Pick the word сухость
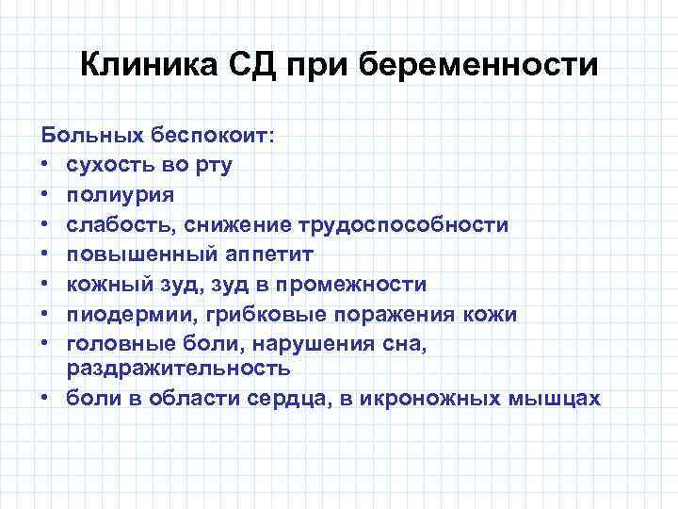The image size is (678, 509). (112, 165)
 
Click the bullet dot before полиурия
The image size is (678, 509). (46, 195)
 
